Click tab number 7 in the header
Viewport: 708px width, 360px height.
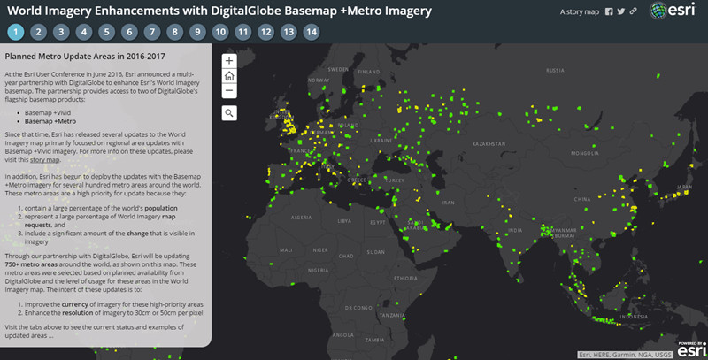coord(152,32)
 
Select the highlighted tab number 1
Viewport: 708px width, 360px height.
coord(15,32)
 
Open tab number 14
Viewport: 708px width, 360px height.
coord(312,32)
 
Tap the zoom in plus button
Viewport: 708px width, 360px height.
coord(228,61)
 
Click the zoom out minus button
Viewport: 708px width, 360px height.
coord(228,90)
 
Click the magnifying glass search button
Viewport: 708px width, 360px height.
coord(228,112)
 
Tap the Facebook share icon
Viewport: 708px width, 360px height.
coord(608,12)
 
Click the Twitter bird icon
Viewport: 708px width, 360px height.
coord(620,12)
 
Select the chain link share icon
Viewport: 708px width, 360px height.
coord(633,12)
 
